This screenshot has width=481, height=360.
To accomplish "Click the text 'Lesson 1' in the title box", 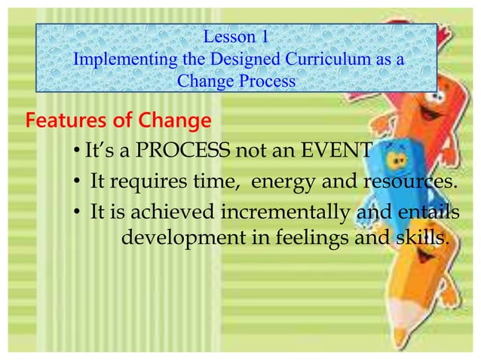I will tap(237, 35).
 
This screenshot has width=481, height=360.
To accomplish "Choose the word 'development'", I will tap(185, 239).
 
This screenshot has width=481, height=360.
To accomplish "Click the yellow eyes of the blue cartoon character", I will tap(397, 159).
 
